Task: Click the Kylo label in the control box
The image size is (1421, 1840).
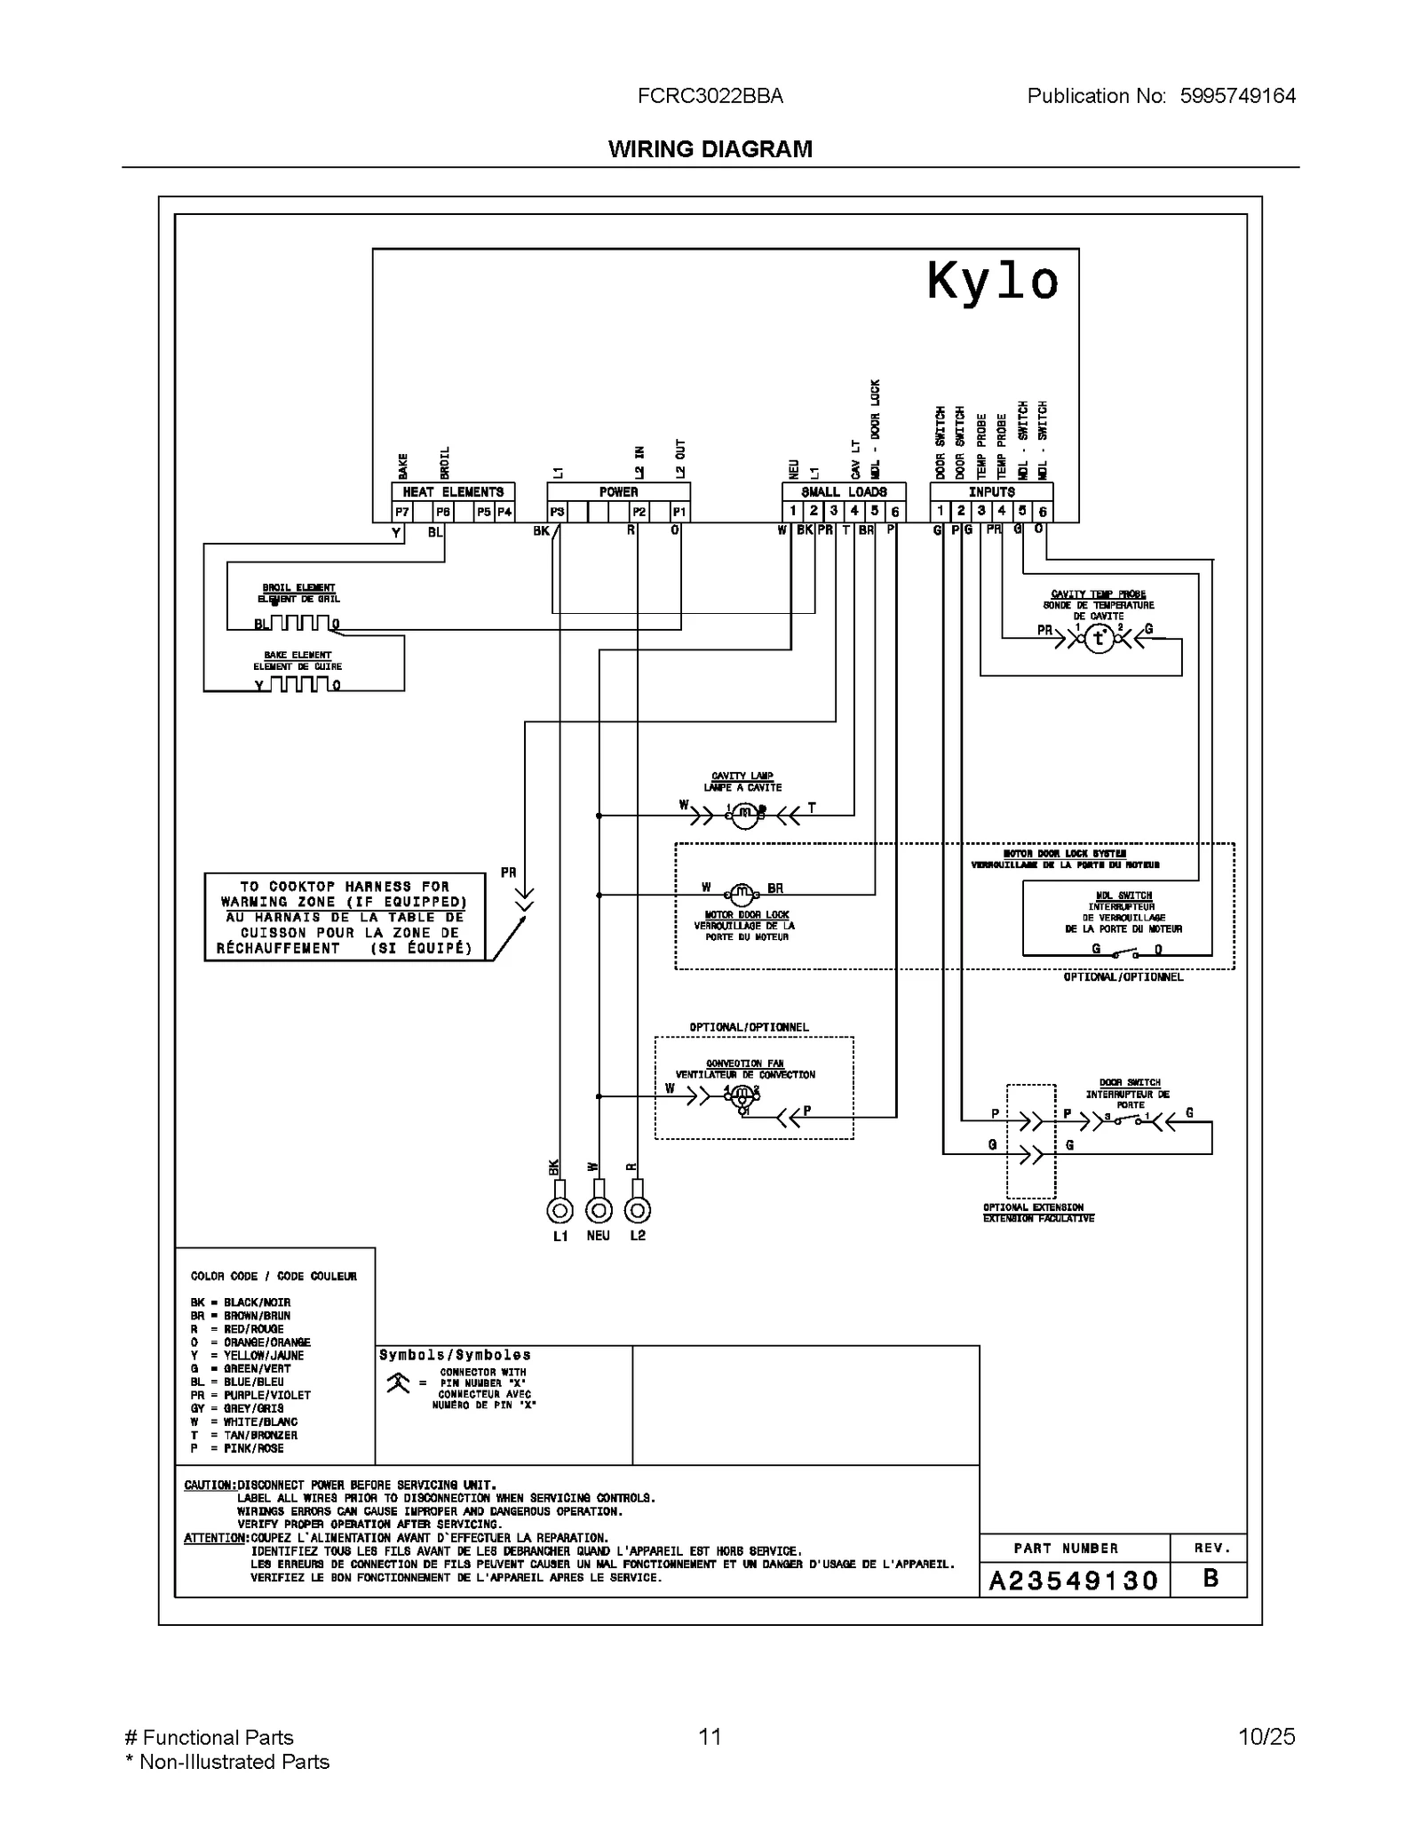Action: tap(992, 282)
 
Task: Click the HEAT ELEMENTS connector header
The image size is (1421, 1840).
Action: tap(453, 491)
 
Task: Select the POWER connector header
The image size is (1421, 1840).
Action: tap(618, 491)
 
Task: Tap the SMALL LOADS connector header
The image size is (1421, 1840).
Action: tap(844, 491)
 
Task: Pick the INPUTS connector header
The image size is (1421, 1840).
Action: tap(991, 491)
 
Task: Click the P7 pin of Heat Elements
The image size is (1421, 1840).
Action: tap(402, 512)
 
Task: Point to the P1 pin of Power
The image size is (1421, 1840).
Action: tap(679, 512)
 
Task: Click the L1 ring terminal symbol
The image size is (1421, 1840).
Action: tap(560, 1209)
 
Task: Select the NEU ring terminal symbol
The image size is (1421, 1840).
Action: tap(599, 1209)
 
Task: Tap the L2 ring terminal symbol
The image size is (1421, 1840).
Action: tap(638, 1209)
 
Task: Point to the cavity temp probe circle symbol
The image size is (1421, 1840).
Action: tap(1099, 637)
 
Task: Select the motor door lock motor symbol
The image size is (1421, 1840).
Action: tap(741, 894)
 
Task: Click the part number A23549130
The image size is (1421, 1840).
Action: tap(1074, 1581)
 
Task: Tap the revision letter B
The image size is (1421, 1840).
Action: tap(1210, 1579)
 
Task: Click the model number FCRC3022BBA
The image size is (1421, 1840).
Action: tap(710, 96)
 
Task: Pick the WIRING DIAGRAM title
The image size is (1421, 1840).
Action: tap(710, 149)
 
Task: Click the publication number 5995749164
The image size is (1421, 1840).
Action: tap(1237, 96)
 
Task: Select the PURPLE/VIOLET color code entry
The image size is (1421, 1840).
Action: tap(251, 1395)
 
